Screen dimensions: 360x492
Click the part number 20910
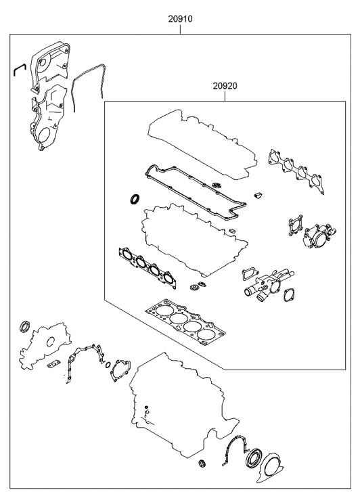point(180,19)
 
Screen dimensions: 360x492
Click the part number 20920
point(225,86)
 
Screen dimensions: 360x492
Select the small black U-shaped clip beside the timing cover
point(19,69)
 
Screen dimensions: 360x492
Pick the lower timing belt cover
point(47,119)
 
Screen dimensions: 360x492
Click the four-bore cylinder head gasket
point(186,323)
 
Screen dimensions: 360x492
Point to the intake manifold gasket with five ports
point(296,171)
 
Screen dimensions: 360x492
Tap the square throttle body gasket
point(296,225)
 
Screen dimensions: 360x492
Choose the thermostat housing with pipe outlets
point(270,285)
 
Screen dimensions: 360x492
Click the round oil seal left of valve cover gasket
point(135,199)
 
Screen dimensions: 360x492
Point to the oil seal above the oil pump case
point(25,327)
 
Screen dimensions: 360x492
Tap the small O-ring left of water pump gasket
point(108,365)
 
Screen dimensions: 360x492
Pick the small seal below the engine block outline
point(202,463)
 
